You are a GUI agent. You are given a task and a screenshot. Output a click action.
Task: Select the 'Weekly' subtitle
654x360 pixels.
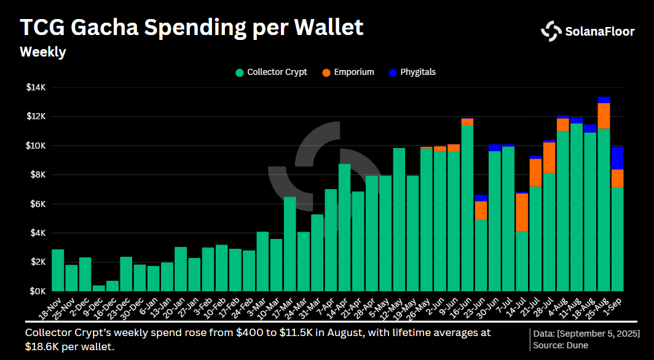click(x=43, y=52)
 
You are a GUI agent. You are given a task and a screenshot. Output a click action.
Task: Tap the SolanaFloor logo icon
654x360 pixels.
click(x=551, y=31)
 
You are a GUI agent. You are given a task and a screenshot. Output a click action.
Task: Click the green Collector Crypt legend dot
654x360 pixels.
click(x=240, y=72)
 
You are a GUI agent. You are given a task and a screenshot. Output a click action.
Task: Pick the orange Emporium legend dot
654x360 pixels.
click(x=326, y=72)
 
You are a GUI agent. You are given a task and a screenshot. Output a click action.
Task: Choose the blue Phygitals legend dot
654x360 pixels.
click(x=393, y=72)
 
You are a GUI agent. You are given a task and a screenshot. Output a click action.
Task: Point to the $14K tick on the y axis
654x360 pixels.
click(x=36, y=87)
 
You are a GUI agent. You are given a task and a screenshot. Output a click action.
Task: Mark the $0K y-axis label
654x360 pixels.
click(x=37, y=291)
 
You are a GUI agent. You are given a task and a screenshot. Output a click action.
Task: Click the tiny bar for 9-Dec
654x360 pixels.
click(x=98, y=288)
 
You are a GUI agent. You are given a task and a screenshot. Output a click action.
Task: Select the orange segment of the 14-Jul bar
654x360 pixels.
click(x=522, y=213)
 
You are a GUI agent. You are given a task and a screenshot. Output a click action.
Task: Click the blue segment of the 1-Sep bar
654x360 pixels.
click(x=617, y=158)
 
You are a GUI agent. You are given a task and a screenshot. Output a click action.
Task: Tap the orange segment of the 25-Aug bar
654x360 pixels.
click(x=604, y=115)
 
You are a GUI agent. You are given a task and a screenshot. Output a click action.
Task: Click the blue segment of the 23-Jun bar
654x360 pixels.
click(x=481, y=198)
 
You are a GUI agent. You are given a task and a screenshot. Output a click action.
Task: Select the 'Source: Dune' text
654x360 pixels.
click(x=561, y=345)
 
